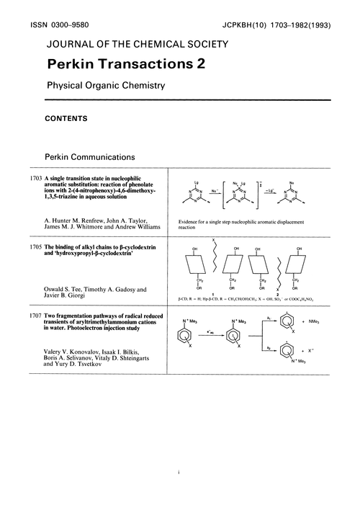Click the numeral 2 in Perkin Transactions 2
[x=198, y=64]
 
